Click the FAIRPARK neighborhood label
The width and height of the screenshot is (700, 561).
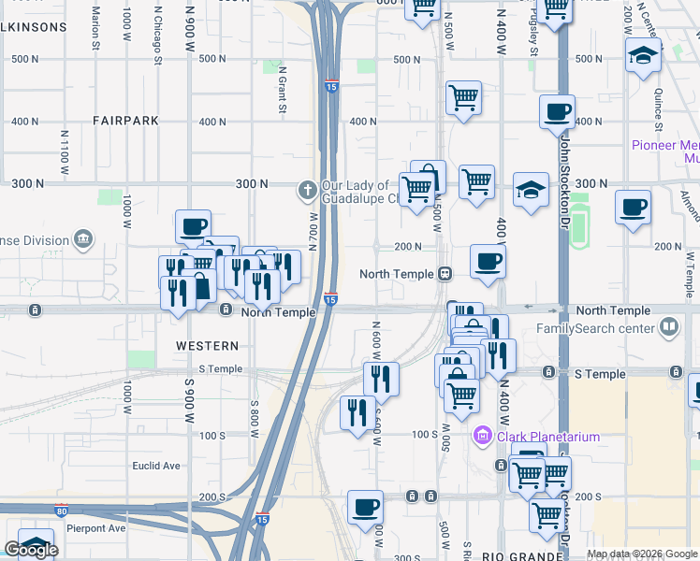point(125,121)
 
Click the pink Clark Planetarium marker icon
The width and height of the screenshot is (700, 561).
point(482,435)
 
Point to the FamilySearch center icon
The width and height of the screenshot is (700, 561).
point(668,327)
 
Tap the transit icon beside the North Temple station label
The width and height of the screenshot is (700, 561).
point(446,274)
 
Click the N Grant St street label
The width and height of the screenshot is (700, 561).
point(282,94)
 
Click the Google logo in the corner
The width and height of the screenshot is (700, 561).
point(30,550)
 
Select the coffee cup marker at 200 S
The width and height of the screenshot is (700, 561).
point(365,508)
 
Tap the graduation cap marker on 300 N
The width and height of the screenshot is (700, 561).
point(531,190)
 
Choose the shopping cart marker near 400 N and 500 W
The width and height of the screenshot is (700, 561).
point(463,97)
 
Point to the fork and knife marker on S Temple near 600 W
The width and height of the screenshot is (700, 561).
point(381,379)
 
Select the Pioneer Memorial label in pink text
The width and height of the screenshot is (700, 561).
point(664,145)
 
